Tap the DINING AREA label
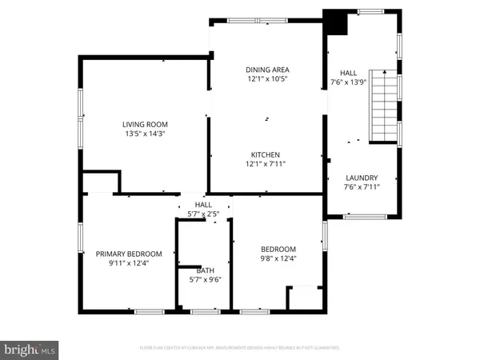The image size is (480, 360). tap(267, 70)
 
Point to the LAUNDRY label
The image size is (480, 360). tap(362, 178)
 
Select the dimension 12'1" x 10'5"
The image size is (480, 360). tap(267, 79)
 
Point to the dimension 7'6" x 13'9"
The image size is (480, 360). tap(349, 82)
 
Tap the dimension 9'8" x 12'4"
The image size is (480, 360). tap(278, 258)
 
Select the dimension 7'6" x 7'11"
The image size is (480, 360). tap(362, 187)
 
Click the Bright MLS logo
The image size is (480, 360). tap(30, 350)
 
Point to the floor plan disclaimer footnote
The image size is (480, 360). tap(240, 349)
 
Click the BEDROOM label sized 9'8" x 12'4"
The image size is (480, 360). tap(278, 249)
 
